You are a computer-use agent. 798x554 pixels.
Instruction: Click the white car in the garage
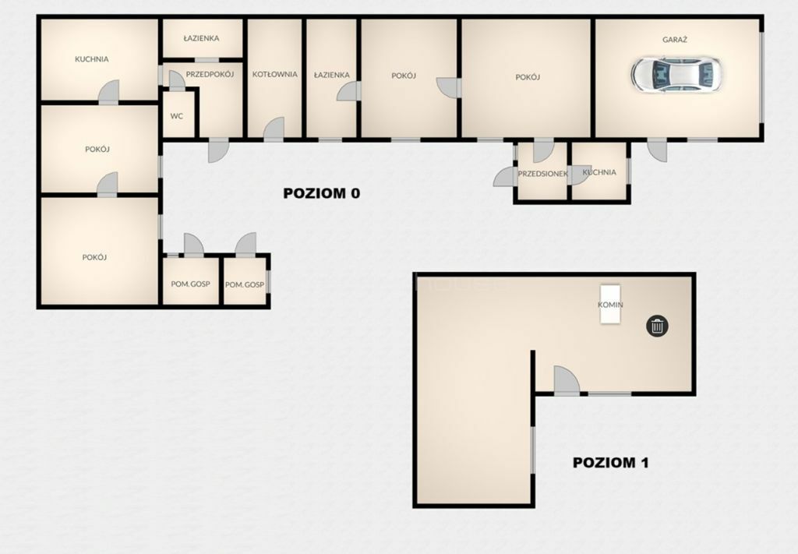coord(676,75)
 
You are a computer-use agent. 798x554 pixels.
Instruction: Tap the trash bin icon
coord(658,326)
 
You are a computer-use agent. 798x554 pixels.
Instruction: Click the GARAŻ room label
coord(675,39)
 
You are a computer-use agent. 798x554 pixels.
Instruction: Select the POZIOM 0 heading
coord(322,193)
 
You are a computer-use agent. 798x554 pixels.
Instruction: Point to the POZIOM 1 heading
coord(611,462)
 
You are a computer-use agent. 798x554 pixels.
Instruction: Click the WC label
coord(177,116)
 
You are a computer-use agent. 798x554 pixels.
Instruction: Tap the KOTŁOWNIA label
coord(275,74)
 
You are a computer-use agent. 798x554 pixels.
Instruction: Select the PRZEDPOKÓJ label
coord(210,74)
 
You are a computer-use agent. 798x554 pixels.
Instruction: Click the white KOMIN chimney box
coord(610,304)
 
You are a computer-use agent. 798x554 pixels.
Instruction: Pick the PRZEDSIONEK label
coord(542,174)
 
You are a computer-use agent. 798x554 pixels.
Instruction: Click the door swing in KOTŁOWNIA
coord(274,129)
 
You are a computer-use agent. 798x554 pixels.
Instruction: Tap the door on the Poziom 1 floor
coord(567,380)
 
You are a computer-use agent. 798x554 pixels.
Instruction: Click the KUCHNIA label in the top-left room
coord(92,59)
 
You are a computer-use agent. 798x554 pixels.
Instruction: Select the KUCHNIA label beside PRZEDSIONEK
coord(599,172)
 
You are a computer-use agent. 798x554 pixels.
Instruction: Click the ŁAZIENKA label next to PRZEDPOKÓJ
coord(202,38)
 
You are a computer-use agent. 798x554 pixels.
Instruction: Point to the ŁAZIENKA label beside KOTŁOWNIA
coord(332,75)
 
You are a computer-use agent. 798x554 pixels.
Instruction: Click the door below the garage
coord(657,150)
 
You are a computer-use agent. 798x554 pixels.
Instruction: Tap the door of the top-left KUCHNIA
coord(108,92)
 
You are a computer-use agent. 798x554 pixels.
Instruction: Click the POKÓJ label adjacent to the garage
coord(528,77)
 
